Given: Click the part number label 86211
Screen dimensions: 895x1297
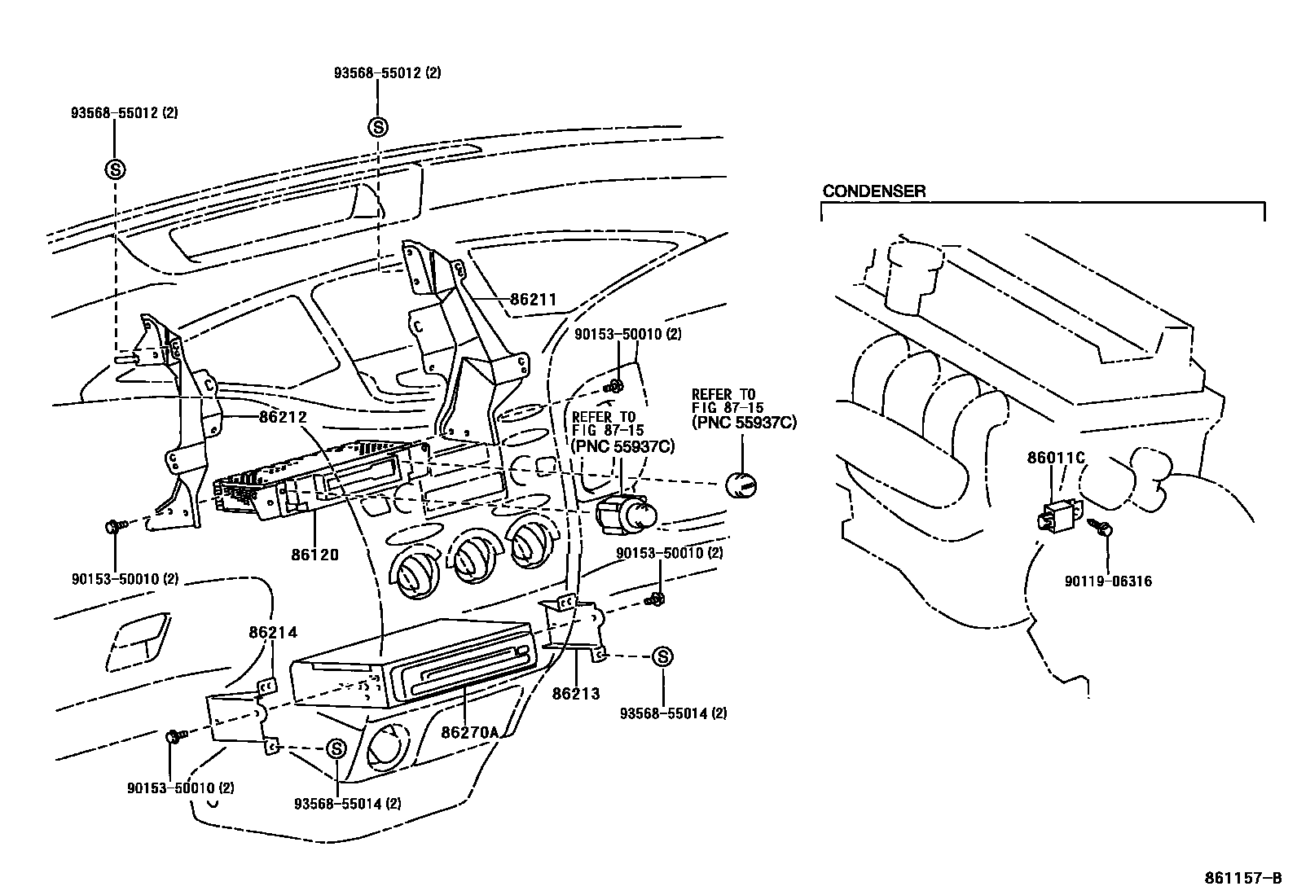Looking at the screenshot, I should [x=533, y=300].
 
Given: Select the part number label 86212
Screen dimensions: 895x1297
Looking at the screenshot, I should [x=283, y=417].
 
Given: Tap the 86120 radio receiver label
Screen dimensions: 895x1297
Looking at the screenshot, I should [x=314, y=555].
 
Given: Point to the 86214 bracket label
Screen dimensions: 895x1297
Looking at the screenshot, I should [x=273, y=631].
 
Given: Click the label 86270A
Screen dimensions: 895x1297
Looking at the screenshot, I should [x=469, y=731].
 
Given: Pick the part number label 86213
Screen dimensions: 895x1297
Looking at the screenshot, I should [x=575, y=693].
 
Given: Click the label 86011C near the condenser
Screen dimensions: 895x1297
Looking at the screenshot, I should [x=1056, y=458].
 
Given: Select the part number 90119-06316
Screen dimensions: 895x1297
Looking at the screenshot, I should [x=1108, y=581].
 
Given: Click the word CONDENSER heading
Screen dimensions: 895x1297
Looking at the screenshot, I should [x=873, y=191].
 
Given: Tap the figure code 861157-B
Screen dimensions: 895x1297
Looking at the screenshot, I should [x=1243, y=879].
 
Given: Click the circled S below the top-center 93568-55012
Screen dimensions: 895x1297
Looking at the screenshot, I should [x=378, y=126].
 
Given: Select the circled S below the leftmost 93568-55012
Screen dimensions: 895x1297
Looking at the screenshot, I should [x=115, y=169].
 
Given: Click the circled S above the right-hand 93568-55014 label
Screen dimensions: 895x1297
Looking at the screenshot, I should [x=662, y=656].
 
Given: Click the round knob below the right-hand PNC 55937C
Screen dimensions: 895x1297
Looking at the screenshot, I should [x=741, y=484].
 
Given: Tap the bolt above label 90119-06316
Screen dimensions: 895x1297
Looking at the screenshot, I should [x=1106, y=529].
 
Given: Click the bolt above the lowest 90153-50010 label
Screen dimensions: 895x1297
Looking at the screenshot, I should [x=174, y=736].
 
